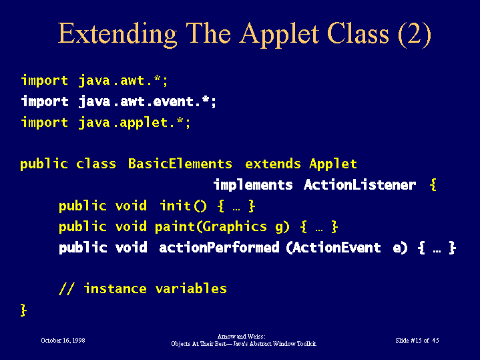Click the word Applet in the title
coord(279,34)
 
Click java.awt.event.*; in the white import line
coord(148,102)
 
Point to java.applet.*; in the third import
coord(134,123)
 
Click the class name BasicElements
coord(180,164)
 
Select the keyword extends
coord(273,164)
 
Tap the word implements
coord(253,185)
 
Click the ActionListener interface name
coord(360,185)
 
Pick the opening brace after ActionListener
coord(433,185)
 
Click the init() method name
coord(183,206)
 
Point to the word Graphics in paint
coord(234,227)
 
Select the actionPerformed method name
coord(219,248)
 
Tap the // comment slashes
coord(67,289)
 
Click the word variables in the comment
coord(191,289)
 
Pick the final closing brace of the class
coord(23,310)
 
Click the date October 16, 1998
coord(63,341)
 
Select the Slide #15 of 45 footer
coord(417,341)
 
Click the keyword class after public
coord(96,164)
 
